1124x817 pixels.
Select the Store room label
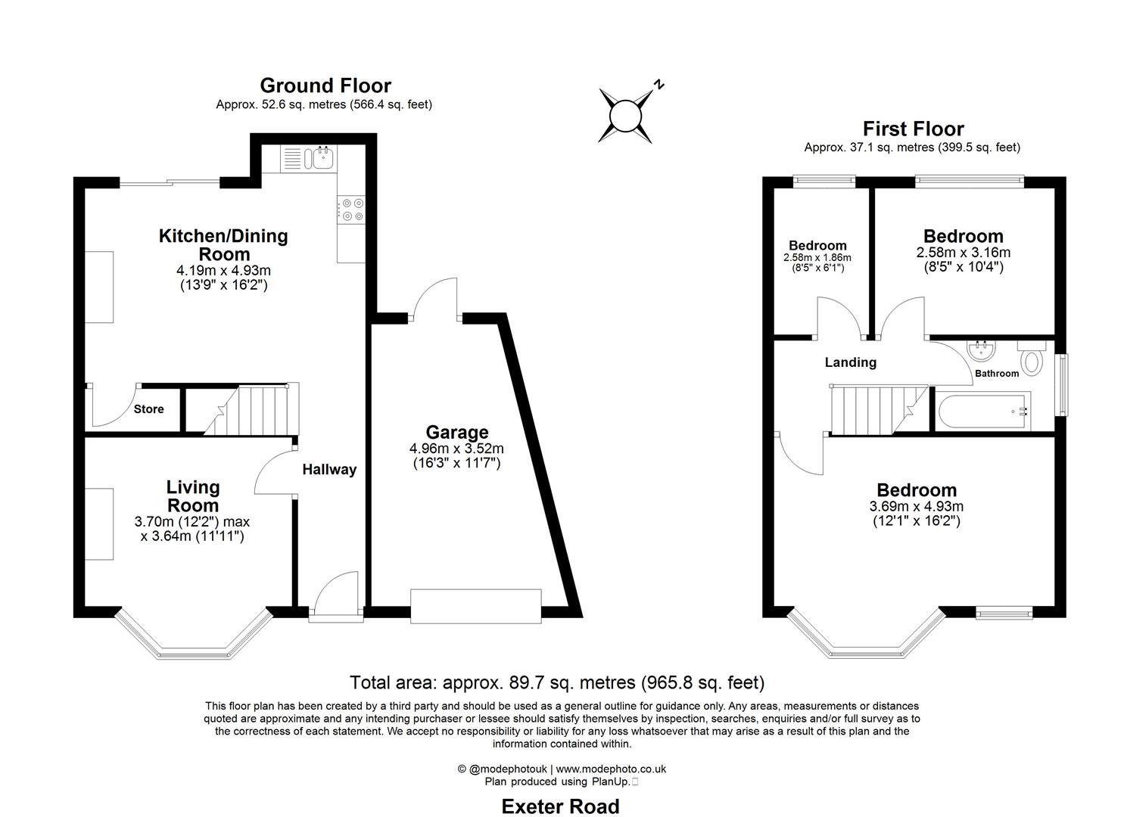(x=148, y=409)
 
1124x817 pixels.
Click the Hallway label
(x=329, y=470)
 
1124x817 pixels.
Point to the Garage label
(x=456, y=432)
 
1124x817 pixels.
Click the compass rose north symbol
(x=626, y=116)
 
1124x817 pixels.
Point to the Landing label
(x=850, y=362)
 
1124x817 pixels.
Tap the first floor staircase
(x=878, y=409)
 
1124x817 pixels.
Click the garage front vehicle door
(x=475, y=605)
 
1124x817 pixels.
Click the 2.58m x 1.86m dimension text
(x=817, y=258)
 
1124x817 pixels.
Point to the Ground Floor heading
(x=325, y=85)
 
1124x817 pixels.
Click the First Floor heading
(x=913, y=129)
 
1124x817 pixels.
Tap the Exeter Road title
(x=560, y=806)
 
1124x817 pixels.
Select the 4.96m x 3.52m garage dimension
(x=456, y=449)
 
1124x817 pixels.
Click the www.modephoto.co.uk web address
(x=611, y=769)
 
